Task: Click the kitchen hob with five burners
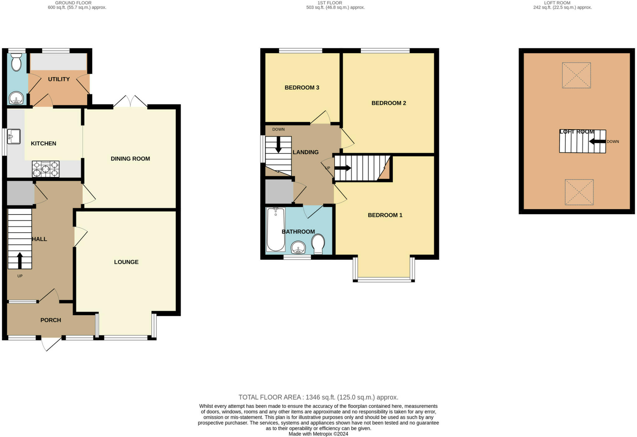46,169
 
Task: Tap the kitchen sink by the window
14,137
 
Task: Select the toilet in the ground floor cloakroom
16,62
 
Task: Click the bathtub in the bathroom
276,229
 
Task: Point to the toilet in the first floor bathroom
318,244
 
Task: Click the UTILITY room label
59,79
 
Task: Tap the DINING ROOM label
130,159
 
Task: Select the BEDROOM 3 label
302,88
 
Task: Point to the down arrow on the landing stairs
278,145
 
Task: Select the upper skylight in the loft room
576,75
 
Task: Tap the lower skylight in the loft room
579,192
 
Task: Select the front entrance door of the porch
51,343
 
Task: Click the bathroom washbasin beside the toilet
298,248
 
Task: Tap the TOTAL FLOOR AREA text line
318,397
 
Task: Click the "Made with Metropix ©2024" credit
318,434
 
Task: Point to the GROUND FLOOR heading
73,3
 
